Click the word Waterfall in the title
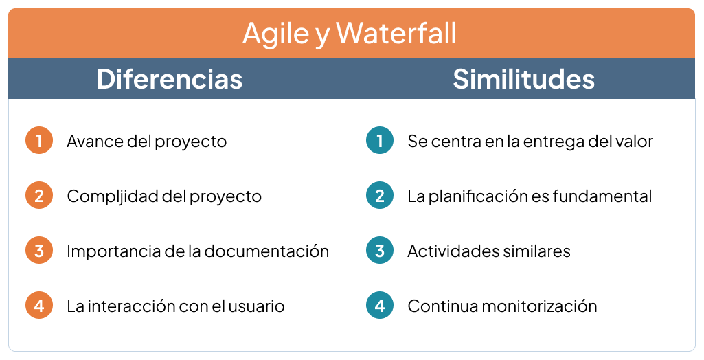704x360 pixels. (x=396, y=33)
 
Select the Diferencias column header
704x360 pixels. (x=170, y=79)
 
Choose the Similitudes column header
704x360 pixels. (x=523, y=79)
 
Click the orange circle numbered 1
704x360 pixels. (x=39, y=141)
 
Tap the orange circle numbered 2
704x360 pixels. (x=39, y=196)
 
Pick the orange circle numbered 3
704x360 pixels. (x=39, y=251)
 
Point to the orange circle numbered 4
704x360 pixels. (x=39, y=306)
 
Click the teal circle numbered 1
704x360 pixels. (x=380, y=141)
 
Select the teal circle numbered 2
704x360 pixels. (x=380, y=196)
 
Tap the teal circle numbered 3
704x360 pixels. (x=380, y=251)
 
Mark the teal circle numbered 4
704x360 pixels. (x=380, y=306)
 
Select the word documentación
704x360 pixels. (x=266, y=251)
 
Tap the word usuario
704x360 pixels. (x=256, y=306)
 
